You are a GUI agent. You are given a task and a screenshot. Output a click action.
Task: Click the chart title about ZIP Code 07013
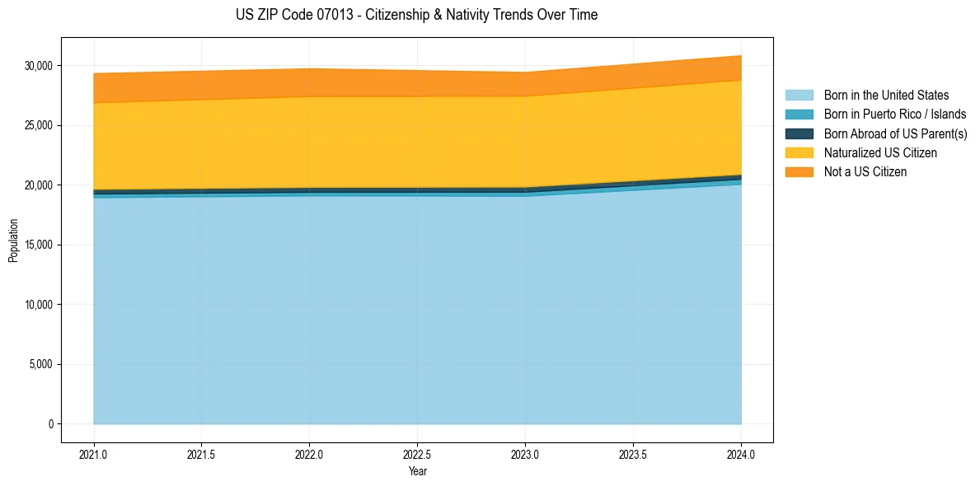416,15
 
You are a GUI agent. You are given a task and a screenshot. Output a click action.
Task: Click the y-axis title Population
13,241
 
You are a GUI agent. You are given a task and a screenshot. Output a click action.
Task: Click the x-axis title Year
417,471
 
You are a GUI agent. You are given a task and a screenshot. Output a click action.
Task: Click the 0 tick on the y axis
51,424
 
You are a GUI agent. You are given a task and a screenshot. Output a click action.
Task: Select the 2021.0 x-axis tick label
94,454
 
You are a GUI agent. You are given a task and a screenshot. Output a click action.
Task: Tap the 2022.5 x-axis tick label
417,454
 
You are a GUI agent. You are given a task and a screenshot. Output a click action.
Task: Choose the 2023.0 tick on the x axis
525,454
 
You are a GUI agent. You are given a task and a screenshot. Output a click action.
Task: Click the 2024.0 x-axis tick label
741,454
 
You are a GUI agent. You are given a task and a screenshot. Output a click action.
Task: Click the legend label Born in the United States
886,96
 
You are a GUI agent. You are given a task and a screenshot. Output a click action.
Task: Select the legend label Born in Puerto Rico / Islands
895,114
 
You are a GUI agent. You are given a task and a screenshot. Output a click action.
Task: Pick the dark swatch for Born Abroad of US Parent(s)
799,133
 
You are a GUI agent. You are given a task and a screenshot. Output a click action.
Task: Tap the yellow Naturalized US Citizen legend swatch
799,153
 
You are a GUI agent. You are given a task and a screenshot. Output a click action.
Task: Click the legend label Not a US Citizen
865,172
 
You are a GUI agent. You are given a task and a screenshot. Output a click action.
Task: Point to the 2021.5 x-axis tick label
202,454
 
